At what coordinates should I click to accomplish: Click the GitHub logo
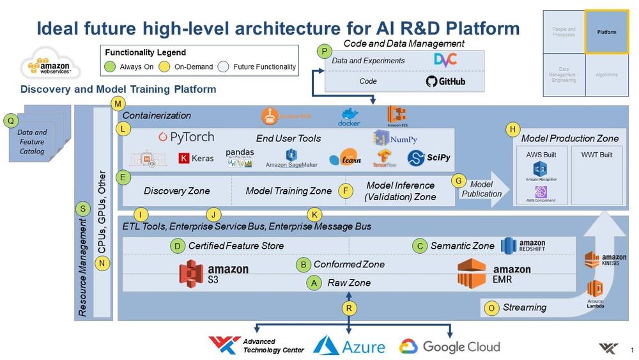pyautogui.click(x=445, y=81)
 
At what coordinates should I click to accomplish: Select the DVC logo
pyautogui.click(x=445, y=60)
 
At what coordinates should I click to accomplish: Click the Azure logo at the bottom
pyautogui.click(x=349, y=346)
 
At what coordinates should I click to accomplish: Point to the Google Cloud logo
pyautogui.click(x=449, y=347)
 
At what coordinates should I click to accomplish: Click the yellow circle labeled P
pyautogui.click(x=325, y=51)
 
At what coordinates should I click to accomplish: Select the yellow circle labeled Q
pyautogui.click(x=10, y=120)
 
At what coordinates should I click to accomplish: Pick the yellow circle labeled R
pyautogui.click(x=348, y=308)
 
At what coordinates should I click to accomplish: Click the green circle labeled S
pyautogui.click(x=82, y=208)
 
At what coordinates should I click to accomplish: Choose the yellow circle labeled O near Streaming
pyautogui.click(x=491, y=308)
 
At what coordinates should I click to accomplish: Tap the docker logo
pyautogui.click(x=349, y=117)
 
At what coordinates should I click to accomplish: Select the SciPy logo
pyautogui.click(x=425, y=158)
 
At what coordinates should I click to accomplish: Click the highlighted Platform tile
pyautogui.click(x=606, y=31)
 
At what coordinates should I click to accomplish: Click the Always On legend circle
pyautogui.click(x=111, y=67)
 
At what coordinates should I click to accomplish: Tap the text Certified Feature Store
pyautogui.click(x=235, y=246)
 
